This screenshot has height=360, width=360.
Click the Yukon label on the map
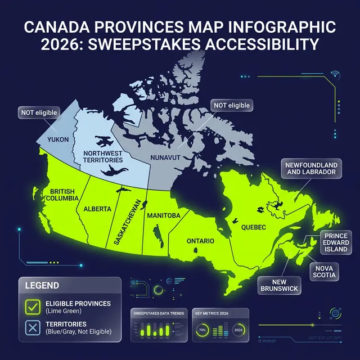[x=58, y=139]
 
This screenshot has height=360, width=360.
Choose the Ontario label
[x=200, y=241]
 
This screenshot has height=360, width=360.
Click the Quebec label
[x=253, y=227]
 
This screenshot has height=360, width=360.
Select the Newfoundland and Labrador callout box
[x=312, y=168]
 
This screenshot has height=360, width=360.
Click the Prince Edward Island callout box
[x=336, y=242]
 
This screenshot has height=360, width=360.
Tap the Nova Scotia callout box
[x=325, y=272]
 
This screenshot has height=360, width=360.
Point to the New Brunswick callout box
[x=279, y=285]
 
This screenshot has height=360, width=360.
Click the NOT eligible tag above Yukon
[x=39, y=113]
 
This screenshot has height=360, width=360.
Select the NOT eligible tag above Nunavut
[x=231, y=105]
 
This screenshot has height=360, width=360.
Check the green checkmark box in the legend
[x=31, y=307]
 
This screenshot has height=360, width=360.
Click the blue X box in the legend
[x=31, y=328]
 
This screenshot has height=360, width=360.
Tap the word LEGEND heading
[x=42, y=286]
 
